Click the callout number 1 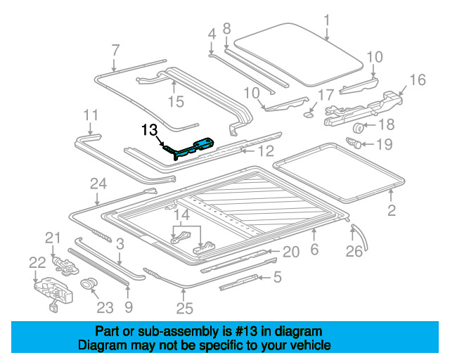point(326,20)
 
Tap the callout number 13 point(149,129)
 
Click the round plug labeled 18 point(357,127)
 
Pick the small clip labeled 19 point(356,144)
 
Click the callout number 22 point(37,262)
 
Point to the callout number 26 point(357,250)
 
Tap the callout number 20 point(291,252)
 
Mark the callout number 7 point(115,50)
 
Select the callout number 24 point(98,184)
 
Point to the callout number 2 point(392,209)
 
